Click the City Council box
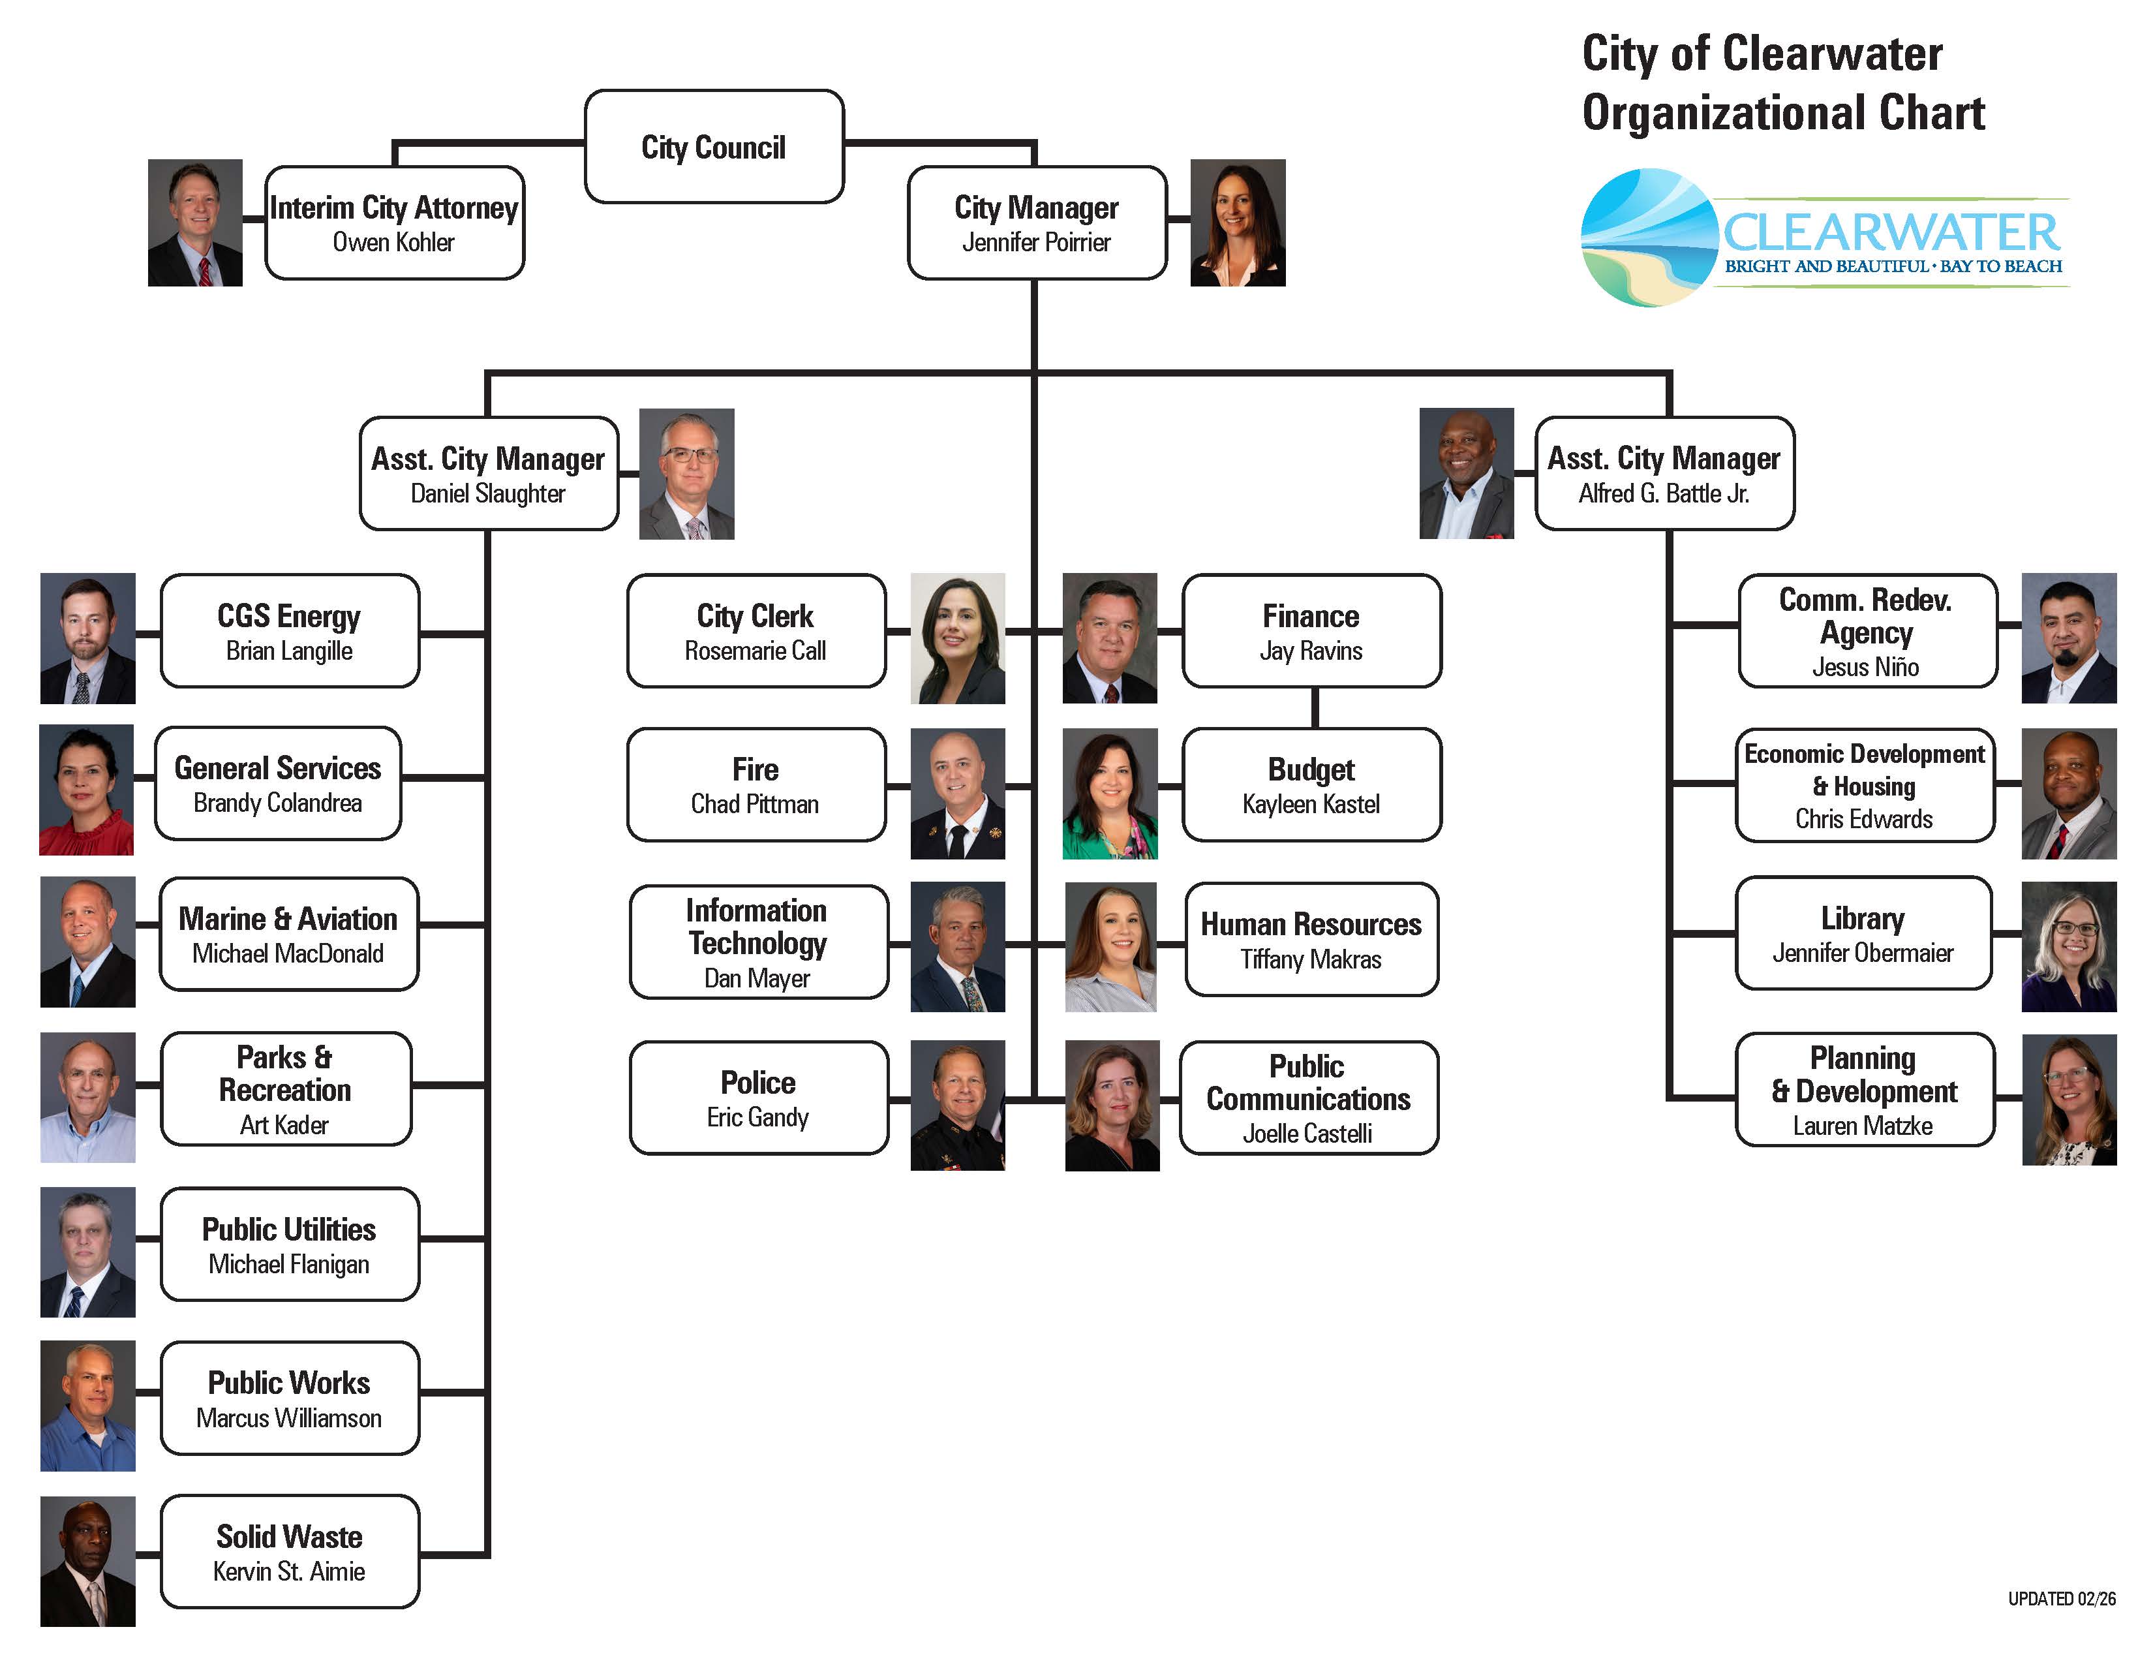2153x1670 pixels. point(714,147)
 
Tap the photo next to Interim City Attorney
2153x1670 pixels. point(195,223)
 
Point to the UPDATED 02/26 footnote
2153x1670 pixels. point(2061,1598)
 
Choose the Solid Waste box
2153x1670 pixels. point(289,1552)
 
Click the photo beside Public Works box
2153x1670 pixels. point(87,1405)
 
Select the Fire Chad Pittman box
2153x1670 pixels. point(756,784)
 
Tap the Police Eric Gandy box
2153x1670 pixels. point(758,1097)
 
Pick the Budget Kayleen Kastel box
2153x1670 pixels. point(1311,784)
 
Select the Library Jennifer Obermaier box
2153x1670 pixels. point(1862,933)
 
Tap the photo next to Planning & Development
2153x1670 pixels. point(2068,1099)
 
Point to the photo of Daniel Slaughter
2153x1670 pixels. point(686,473)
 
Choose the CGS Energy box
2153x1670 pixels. point(289,631)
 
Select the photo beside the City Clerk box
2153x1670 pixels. point(957,638)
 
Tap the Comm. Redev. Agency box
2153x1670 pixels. point(1866,631)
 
